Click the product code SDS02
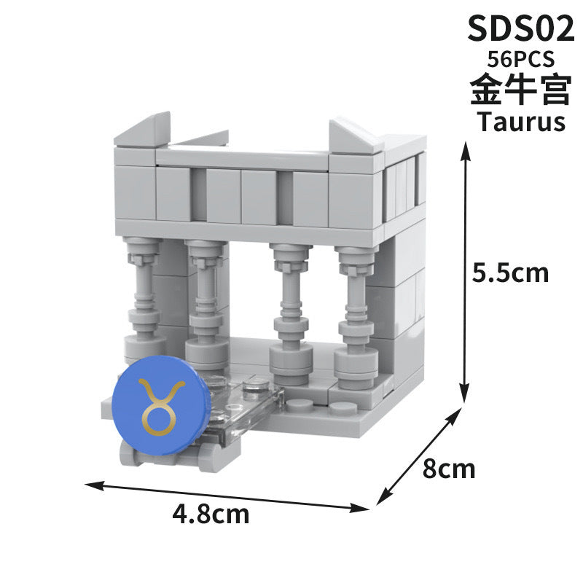coord(516,30)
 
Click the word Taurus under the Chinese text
coord(520,121)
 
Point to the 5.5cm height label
coord(510,273)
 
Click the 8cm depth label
coord(448,468)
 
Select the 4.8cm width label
coord(211,514)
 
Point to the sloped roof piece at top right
coord(356,136)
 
